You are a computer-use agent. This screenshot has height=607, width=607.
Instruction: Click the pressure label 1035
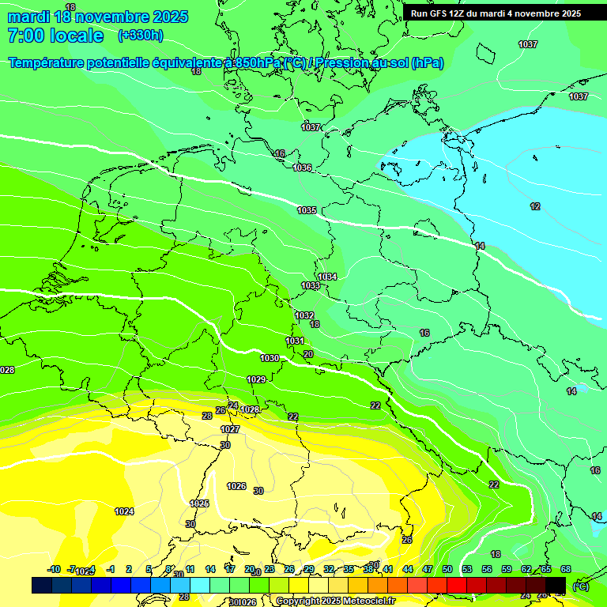click(x=307, y=210)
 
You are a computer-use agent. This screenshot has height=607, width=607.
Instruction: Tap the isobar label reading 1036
click(x=302, y=168)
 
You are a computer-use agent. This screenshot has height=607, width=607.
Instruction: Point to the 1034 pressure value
click(x=328, y=277)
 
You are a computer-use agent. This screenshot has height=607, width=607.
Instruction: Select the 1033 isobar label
click(x=311, y=286)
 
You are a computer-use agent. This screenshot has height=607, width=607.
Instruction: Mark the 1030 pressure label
click(x=270, y=358)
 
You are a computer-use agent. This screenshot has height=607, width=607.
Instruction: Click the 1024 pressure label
click(x=124, y=511)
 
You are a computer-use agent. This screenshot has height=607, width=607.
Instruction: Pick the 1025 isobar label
click(x=199, y=503)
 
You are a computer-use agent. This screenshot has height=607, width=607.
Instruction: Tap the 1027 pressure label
click(x=230, y=429)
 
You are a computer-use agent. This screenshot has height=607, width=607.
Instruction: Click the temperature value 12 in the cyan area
click(x=535, y=206)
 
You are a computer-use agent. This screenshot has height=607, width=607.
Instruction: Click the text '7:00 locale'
click(x=55, y=36)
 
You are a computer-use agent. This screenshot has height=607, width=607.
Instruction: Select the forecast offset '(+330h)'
click(x=140, y=36)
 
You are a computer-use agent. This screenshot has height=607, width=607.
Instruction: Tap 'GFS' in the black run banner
click(x=443, y=13)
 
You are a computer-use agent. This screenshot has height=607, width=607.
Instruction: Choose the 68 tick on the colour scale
click(x=565, y=569)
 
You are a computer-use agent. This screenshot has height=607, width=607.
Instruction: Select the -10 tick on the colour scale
click(x=54, y=569)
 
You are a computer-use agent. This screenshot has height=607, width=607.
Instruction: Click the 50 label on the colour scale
click(x=447, y=569)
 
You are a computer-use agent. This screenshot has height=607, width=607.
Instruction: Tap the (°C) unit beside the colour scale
click(x=581, y=586)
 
